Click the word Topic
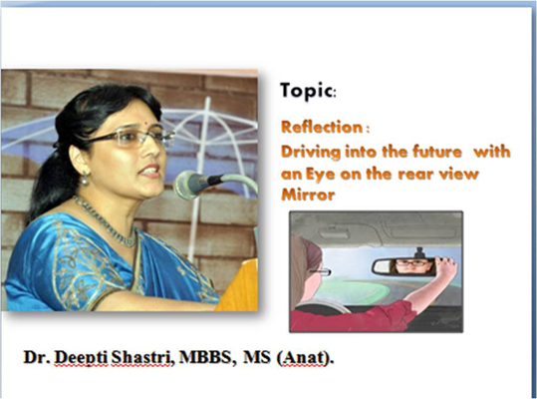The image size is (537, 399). tap(306, 91)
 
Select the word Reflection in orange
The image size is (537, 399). tap(321, 127)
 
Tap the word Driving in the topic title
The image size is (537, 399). tap(311, 153)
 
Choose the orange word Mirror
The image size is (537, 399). tap(308, 195)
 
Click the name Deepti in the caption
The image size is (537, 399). tap(81, 357)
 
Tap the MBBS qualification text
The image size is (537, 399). tap(205, 357)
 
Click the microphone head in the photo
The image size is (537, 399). tap(187, 184)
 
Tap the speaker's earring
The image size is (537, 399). tap(85, 178)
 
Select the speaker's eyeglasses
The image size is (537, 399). tap(131, 137)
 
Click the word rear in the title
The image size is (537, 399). tap(414, 175)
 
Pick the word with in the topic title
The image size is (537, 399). tap(492, 152)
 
